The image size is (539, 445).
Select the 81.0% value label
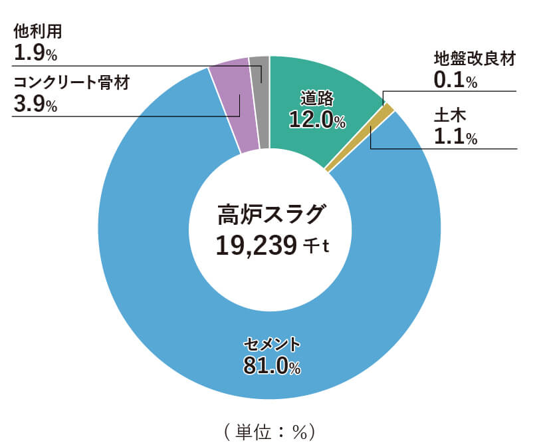[x=272, y=365]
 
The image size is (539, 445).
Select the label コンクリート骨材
[x=70, y=83]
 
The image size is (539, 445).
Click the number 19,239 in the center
[x=255, y=245]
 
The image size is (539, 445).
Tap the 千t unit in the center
[x=316, y=247]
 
